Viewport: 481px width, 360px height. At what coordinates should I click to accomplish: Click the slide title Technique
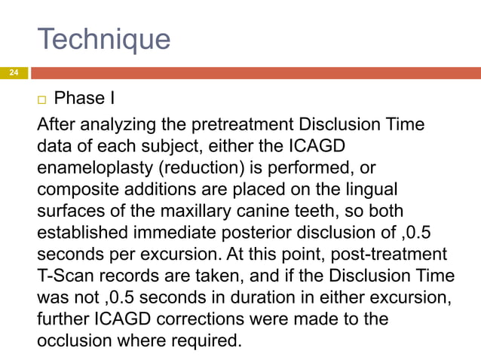[103, 39]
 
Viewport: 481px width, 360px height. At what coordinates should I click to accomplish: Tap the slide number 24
[13, 73]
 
